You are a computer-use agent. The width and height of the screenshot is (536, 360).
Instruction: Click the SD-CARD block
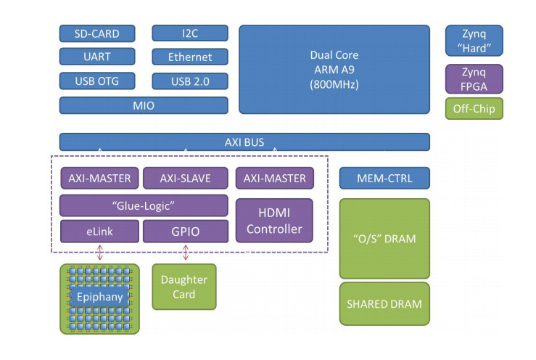pos(97,33)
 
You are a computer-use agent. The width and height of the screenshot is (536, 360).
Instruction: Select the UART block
pos(97,57)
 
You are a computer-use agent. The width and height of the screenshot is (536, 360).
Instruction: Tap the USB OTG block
pos(97,80)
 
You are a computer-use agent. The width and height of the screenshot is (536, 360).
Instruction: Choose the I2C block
pos(190,33)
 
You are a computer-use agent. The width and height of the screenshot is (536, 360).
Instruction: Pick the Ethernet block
pos(190,57)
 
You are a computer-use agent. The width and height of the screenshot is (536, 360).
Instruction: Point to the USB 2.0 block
pos(190,80)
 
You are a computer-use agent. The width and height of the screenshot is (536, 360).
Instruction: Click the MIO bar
pos(144,105)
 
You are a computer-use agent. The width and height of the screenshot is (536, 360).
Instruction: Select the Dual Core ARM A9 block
pos(334,70)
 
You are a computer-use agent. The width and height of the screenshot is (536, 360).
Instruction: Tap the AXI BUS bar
pos(244,142)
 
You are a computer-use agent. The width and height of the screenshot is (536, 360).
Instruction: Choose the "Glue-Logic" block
pos(144,205)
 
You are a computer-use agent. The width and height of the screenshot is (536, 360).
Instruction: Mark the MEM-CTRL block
pos(384,178)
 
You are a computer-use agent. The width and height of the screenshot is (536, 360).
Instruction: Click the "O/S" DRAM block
pos(384,239)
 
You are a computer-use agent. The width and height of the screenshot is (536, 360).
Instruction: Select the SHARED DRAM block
pos(384,304)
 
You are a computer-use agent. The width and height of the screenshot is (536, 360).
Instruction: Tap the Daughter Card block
pos(184,286)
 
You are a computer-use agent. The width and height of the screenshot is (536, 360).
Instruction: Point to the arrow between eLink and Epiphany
pos(99,253)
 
